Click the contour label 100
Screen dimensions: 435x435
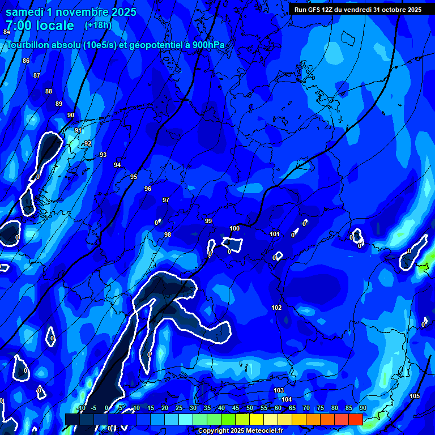(x=234, y=228)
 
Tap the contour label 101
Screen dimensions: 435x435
(x=275, y=234)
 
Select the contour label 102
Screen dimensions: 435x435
(x=276, y=308)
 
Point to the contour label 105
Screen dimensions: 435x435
(x=415, y=396)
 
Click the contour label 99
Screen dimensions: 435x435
(x=208, y=221)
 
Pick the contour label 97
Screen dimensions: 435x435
(x=166, y=200)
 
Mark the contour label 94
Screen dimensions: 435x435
(x=117, y=165)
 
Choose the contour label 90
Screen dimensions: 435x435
(x=71, y=115)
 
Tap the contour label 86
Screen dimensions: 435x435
(x=26, y=61)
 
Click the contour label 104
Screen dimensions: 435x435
(x=287, y=399)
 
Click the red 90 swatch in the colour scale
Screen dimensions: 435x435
(x=356, y=419)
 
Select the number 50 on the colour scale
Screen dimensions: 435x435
(x=250, y=408)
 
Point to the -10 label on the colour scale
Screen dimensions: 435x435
(x=80, y=408)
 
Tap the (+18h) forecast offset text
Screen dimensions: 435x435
(x=98, y=25)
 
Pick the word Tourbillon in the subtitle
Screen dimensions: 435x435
(x=29, y=45)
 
